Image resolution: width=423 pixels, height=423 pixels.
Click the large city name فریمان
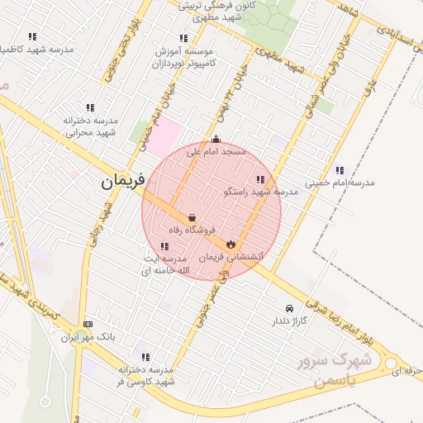123,180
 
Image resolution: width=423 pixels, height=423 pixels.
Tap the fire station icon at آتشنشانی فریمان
231,245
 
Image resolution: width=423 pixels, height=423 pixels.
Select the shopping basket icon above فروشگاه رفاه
192,218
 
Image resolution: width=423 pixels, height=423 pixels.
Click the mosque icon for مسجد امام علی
216,140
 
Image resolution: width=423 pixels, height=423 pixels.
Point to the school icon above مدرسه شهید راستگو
260,179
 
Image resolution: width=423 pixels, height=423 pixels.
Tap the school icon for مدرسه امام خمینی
340,170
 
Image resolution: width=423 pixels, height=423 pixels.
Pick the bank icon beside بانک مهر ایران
88,325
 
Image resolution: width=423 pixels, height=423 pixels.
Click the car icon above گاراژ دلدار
288,308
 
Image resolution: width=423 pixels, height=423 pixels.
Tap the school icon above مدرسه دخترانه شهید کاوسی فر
145,358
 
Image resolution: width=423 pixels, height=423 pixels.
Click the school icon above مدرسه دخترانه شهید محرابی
90,107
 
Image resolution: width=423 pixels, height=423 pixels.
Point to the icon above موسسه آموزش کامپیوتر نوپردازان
183,38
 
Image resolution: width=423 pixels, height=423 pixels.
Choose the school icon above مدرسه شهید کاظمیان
32,36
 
